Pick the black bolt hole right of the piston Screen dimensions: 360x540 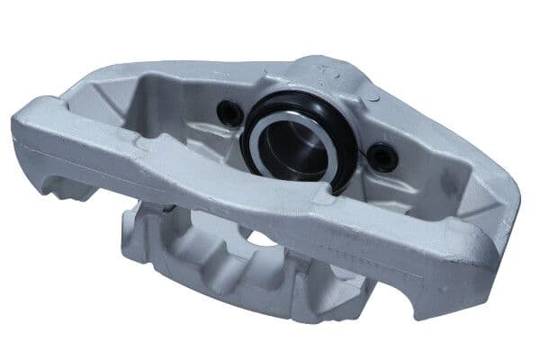coord(384,157)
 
